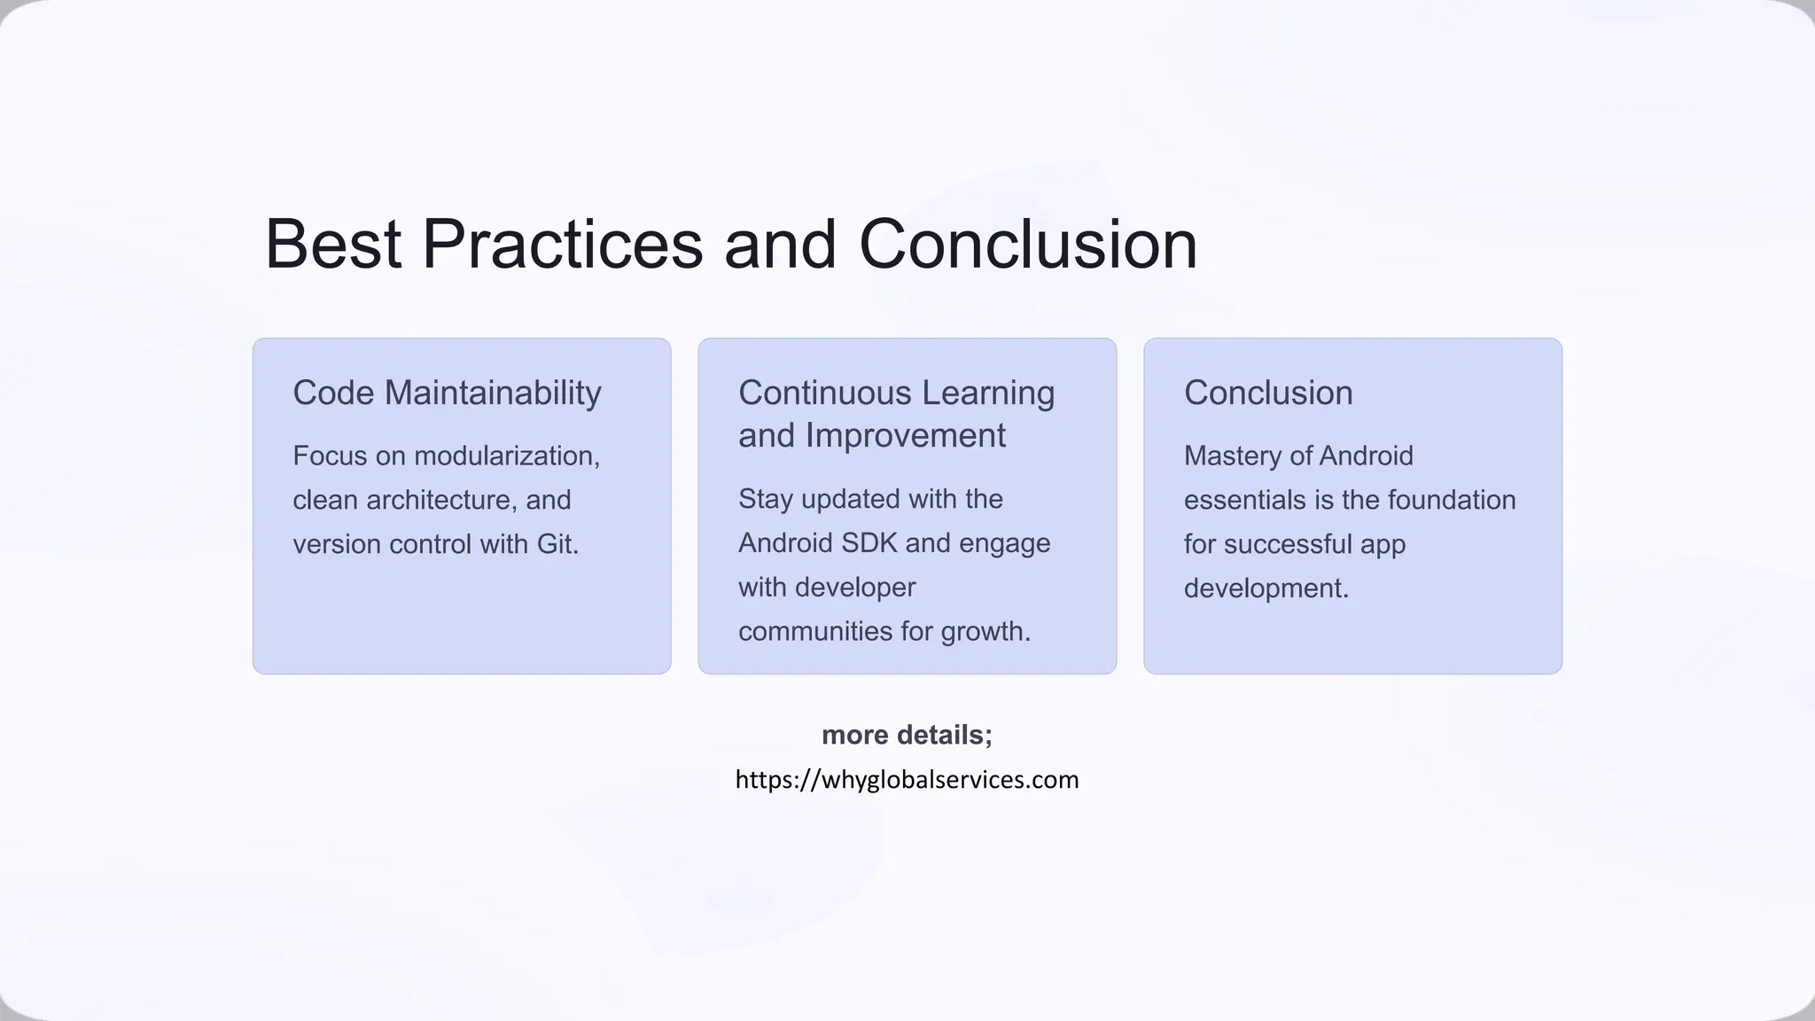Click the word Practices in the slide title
562,245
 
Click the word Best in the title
333,245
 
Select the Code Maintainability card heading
447,393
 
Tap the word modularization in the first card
506,456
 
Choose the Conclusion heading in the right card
1268,393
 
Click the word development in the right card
1266,588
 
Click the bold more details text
907,735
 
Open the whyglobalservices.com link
907,780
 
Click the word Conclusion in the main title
1028,245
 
